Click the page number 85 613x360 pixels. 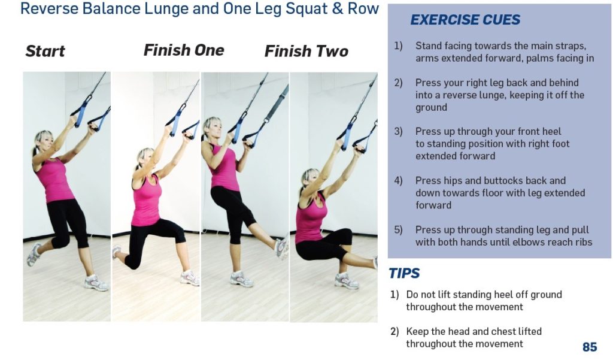tap(589, 347)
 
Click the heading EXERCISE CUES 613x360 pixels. tap(465, 20)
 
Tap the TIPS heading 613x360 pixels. tap(404, 273)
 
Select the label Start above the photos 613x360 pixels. tap(45, 51)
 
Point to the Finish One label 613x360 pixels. tap(184, 50)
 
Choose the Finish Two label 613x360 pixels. tap(306, 51)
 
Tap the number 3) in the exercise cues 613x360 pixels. tap(398, 131)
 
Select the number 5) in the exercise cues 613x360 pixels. tap(398, 229)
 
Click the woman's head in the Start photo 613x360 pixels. tap(43, 142)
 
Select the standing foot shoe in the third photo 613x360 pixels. tap(241, 279)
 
